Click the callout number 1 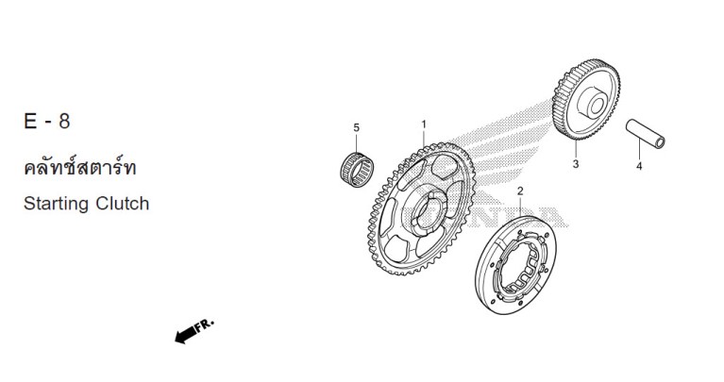pyautogui.click(x=424, y=125)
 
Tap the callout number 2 pyautogui.click(x=520, y=191)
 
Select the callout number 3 pyautogui.click(x=575, y=164)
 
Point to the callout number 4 pyautogui.click(x=639, y=166)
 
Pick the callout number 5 pyautogui.click(x=356, y=127)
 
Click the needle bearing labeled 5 pyautogui.click(x=357, y=170)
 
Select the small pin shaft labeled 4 pyautogui.click(x=645, y=134)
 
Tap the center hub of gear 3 pyautogui.click(x=593, y=103)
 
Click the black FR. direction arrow pyautogui.click(x=186, y=335)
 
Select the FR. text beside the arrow pyautogui.click(x=204, y=324)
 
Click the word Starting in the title pyautogui.click(x=56, y=204)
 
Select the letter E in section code pyautogui.click(x=30, y=122)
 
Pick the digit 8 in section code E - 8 pyautogui.click(x=64, y=122)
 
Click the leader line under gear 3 pyautogui.click(x=576, y=149)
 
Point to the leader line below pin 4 pyautogui.click(x=639, y=149)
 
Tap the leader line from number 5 pyautogui.click(x=356, y=143)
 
